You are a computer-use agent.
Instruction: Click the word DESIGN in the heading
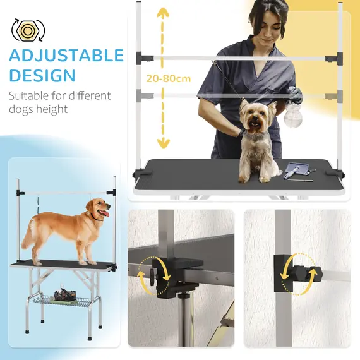(42, 76)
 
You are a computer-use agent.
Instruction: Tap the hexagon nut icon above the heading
(25, 28)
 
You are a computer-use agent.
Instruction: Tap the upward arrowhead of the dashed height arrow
(163, 14)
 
